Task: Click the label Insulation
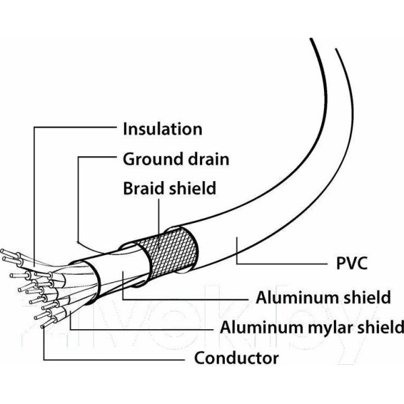click(162, 129)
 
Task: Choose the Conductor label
click(236, 357)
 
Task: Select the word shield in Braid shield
click(191, 188)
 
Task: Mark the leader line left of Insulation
click(74, 129)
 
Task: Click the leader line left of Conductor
click(114, 357)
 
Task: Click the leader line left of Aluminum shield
click(189, 297)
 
